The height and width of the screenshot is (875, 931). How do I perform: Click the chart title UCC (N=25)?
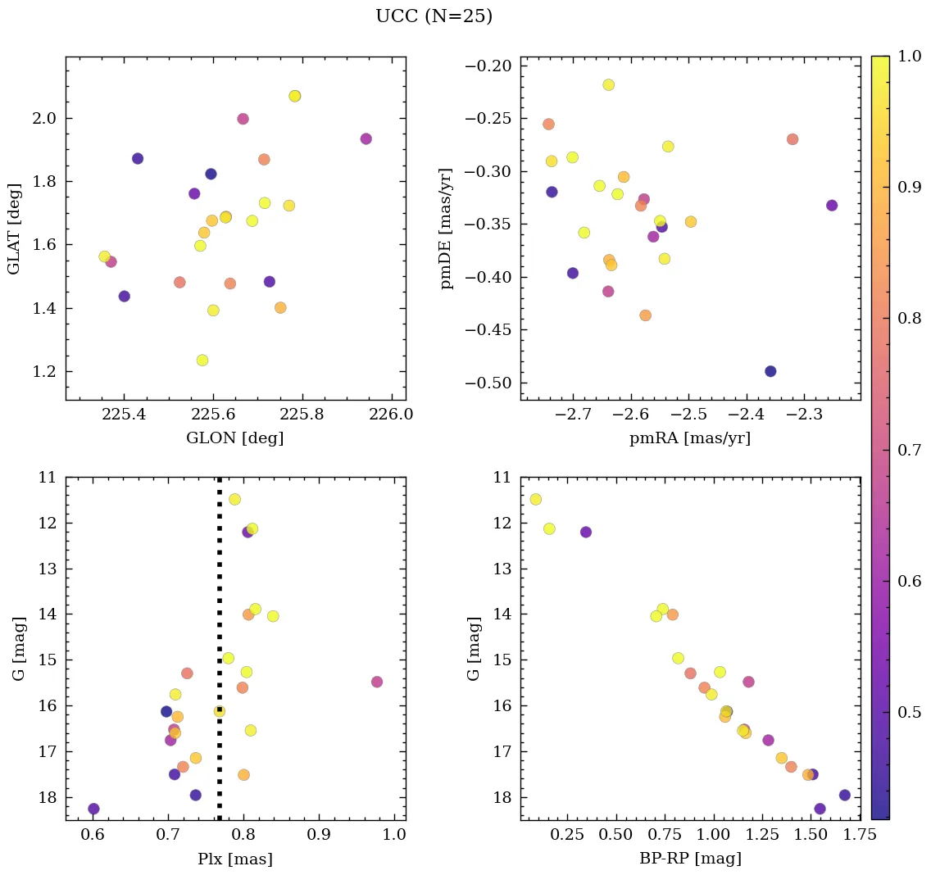[434, 16]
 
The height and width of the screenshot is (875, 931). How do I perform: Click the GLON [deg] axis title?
[235, 438]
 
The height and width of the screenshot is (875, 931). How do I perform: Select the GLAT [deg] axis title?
[14, 229]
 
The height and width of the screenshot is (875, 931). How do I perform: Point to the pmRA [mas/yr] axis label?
[689, 438]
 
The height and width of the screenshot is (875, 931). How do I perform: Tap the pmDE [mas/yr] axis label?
[447, 229]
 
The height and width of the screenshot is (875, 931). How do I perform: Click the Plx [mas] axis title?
[235, 859]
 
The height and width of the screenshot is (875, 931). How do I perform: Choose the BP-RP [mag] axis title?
[689, 859]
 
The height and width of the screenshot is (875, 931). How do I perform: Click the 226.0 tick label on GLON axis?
[392, 415]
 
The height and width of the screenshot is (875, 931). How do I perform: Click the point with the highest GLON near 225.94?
[366, 138]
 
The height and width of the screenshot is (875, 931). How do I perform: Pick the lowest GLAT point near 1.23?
[202, 360]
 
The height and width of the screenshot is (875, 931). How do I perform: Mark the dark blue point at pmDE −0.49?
[770, 371]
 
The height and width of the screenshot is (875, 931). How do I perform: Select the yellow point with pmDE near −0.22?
[608, 84]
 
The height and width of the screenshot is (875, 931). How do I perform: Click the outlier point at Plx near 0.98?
[377, 682]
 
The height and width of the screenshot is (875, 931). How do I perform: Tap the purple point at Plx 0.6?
[93, 809]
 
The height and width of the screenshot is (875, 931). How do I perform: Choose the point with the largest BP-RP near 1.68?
[845, 795]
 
